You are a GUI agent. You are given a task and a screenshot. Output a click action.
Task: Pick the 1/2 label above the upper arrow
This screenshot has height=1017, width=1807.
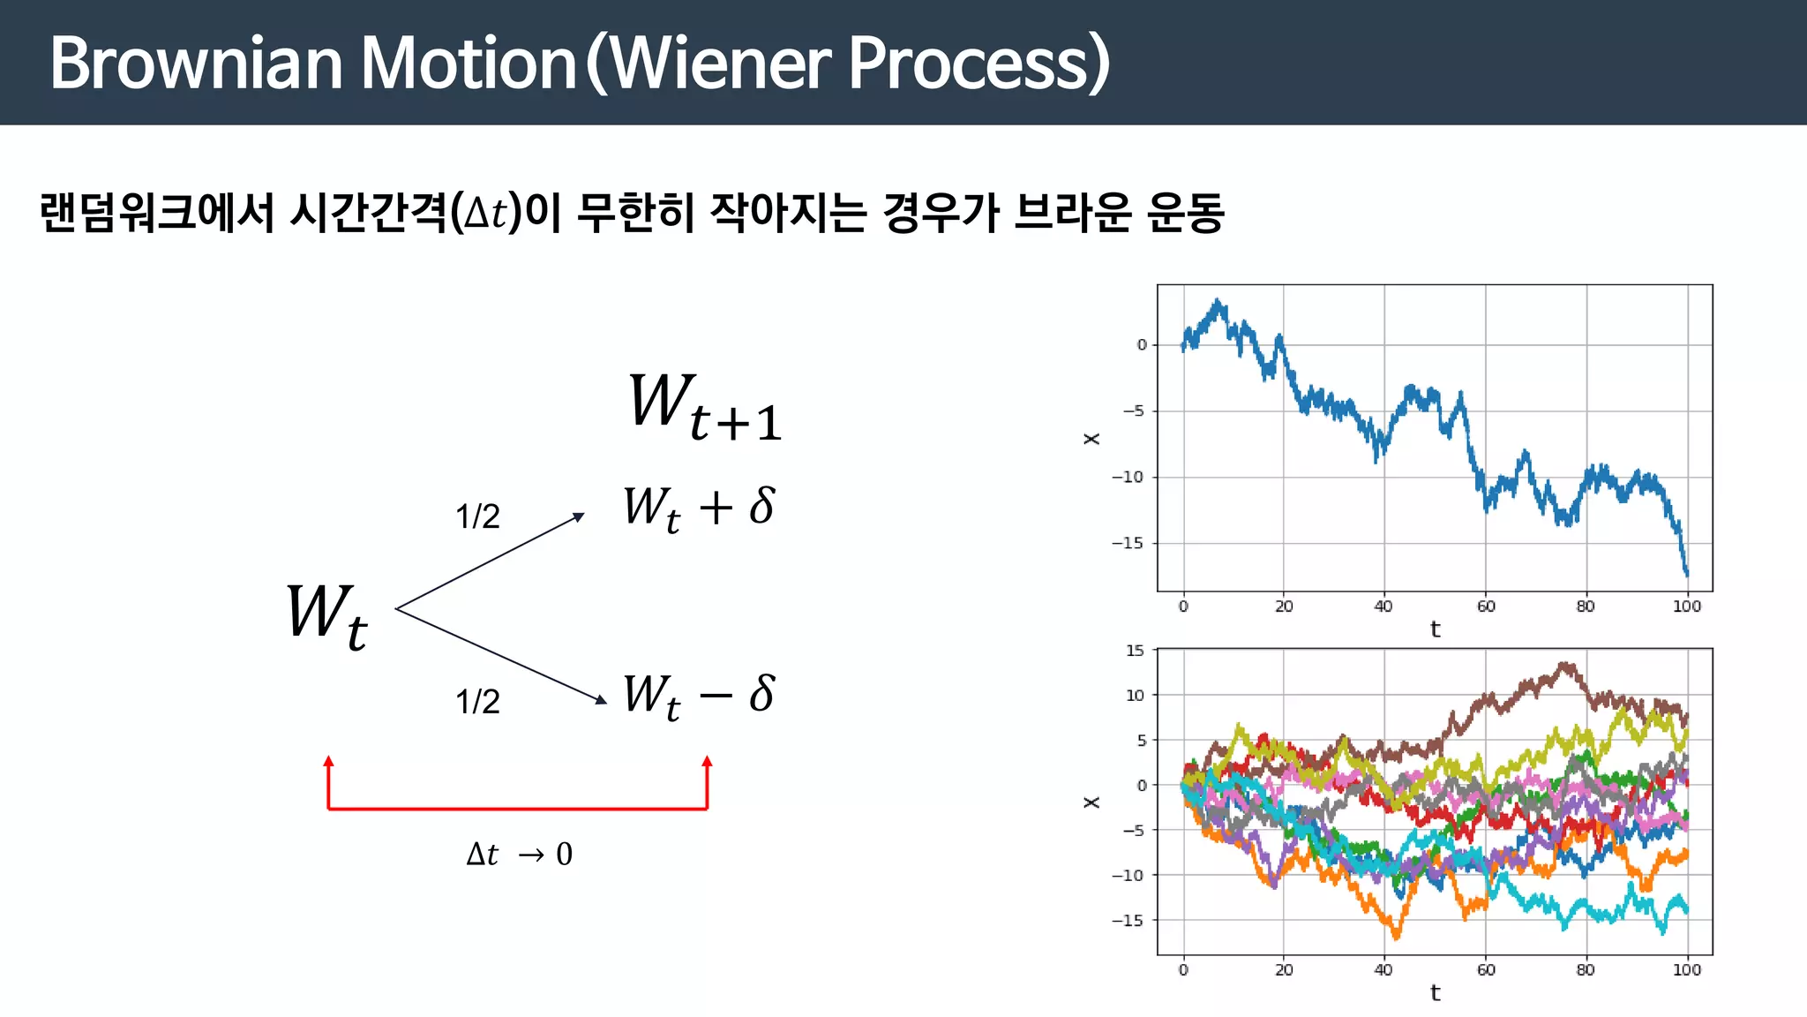(477, 516)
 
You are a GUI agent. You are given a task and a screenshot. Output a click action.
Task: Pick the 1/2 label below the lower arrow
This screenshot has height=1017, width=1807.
(477, 702)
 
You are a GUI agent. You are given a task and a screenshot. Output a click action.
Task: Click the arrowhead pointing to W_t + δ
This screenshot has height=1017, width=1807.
(579, 516)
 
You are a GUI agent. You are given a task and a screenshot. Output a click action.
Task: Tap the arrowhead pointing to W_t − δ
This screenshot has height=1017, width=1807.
(601, 700)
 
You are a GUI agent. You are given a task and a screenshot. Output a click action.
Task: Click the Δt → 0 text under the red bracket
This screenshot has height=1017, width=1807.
(520, 855)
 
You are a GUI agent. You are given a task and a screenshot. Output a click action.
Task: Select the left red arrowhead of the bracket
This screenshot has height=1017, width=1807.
(328, 762)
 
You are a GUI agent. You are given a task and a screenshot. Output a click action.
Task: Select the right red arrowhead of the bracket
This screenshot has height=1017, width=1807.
(707, 762)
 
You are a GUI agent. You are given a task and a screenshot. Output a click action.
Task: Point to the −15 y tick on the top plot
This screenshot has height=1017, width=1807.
(1127, 543)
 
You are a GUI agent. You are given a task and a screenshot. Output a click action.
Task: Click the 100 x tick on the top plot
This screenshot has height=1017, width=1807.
(1686, 606)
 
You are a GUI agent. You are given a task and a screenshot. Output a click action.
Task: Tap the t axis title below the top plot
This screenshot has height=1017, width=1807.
(1435, 629)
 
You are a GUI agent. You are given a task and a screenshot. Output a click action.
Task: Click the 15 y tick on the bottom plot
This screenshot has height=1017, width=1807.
(1135, 651)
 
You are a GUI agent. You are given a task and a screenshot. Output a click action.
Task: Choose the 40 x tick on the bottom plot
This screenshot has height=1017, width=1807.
(1383, 970)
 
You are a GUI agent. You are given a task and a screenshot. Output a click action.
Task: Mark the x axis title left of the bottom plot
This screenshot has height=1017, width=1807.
(1091, 802)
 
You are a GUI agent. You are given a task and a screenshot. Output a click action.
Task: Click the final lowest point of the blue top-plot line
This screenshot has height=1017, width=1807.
(1687, 576)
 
